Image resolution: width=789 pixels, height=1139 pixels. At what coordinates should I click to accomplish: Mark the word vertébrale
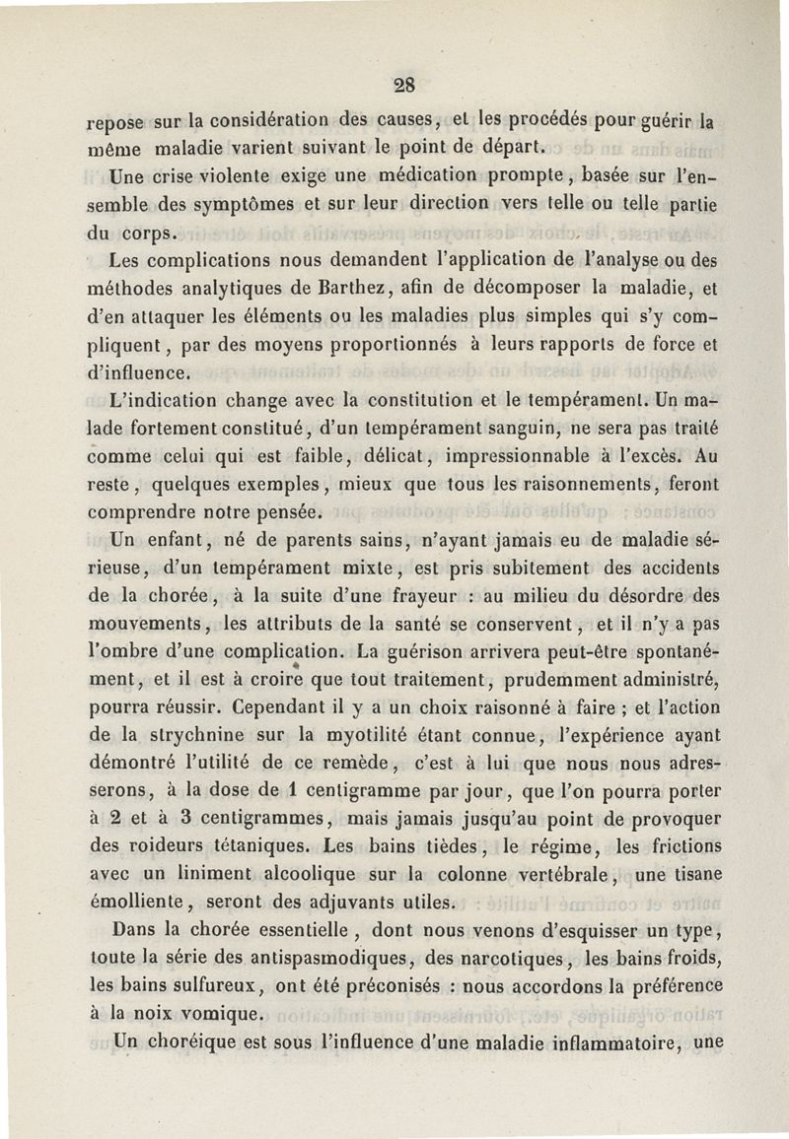pos(556,874)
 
